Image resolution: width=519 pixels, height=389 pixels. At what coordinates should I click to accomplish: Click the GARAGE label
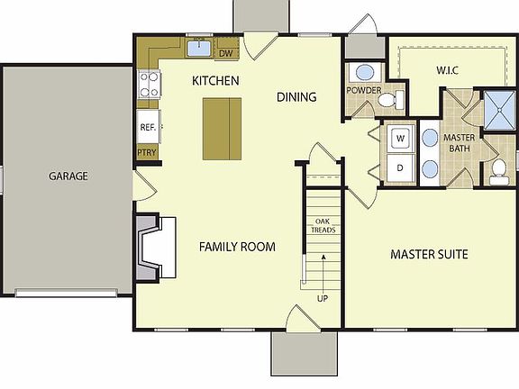pyautogui.click(x=68, y=176)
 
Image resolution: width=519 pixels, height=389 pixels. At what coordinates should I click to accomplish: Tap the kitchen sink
pyautogui.click(x=198, y=48)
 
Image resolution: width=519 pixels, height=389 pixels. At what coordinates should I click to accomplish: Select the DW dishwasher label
pyautogui.click(x=226, y=53)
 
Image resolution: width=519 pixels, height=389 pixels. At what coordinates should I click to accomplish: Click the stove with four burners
pyautogui.click(x=149, y=85)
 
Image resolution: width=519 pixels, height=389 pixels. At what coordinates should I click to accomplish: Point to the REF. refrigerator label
pyautogui.click(x=148, y=127)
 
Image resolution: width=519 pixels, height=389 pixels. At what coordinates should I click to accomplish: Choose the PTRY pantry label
pyautogui.click(x=147, y=152)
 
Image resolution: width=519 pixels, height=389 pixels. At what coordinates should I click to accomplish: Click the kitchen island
pyautogui.click(x=222, y=129)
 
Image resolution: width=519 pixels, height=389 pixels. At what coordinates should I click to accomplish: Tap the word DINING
pyautogui.click(x=296, y=97)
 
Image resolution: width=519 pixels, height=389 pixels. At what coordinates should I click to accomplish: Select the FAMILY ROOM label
pyautogui.click(x=237, y=247)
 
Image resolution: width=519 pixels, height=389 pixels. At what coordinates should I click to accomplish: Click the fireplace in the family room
pyautogui.click(x=156, y=248)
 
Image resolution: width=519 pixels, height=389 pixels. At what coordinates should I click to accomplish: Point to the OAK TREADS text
pyautogui.click(x=323, y=226)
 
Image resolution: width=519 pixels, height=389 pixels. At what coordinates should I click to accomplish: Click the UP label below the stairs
pyautogui.click(x=323, y=298)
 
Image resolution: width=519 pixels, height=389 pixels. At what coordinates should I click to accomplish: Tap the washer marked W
pyautogui.click(x=400, y=139)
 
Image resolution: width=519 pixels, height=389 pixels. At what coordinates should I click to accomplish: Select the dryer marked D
pyautogui.click(x=400, y=168)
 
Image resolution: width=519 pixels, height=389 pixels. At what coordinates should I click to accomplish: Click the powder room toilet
pyautogui.click(x=390, y=100)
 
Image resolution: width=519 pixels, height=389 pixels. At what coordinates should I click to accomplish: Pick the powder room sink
pyautogui.click(x=365, y=72)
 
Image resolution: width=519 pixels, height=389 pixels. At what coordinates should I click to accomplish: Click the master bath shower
pyautogui.click(x=499, y=110)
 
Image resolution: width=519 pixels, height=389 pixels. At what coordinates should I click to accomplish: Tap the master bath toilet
pyautogui.click(x=499, y=172)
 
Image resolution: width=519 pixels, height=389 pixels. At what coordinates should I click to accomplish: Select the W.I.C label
pyautogui.click(x=447, y=70)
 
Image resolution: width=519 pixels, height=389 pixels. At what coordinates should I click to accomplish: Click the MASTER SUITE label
pyautogui.click(x=429, y=254)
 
